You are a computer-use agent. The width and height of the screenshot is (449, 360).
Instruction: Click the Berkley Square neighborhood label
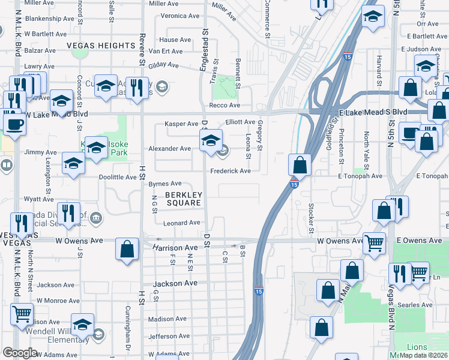[184, 199]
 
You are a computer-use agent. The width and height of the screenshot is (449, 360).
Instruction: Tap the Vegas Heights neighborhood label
[101, 46]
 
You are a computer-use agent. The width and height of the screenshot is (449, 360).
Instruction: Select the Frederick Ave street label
[230, 171]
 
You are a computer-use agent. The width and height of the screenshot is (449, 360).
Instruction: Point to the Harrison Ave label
[175, 247]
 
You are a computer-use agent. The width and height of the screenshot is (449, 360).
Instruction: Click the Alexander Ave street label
[170, 148]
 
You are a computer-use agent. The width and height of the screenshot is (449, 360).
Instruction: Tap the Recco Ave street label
[224, 106]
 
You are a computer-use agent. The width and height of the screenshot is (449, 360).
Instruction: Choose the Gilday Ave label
[164, 64]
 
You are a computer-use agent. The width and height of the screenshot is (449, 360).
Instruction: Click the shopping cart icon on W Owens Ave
[375, 242]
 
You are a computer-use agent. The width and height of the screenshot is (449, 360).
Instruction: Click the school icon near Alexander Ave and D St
[211, 142]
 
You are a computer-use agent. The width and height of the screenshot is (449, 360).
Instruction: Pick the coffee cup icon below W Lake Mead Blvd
[14, 124]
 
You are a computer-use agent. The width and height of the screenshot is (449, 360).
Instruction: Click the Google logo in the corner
[19, 353]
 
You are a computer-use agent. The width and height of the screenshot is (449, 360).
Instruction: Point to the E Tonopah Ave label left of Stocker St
[360, 176]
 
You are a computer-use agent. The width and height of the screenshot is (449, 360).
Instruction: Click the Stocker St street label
[311, 218]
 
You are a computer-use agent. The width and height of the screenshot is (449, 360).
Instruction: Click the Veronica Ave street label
[179, 16]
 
